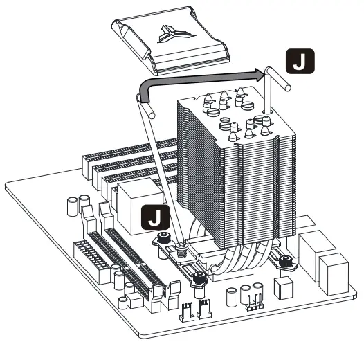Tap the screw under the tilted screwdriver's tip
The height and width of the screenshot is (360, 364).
182,245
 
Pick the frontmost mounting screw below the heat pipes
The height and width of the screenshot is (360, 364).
199,278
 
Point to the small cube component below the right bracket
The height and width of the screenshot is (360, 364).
282,286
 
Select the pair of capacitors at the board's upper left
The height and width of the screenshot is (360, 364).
78,207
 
